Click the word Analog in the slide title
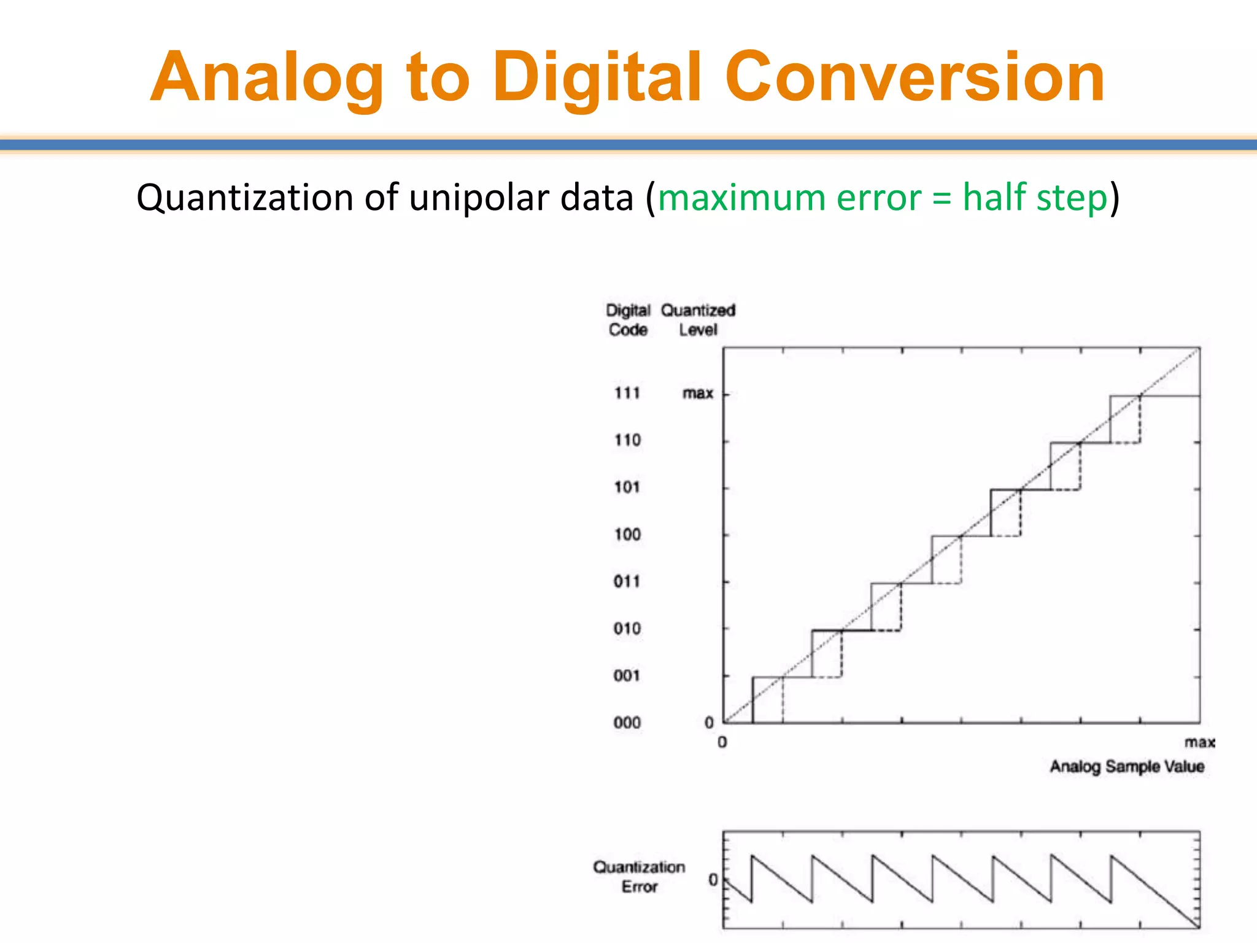point(267,78)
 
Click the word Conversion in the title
point(915,78)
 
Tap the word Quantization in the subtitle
point(245,198)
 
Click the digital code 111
point(627,393)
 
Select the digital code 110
point(627,440)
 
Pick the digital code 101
point(627,487)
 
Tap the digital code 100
point(627,534)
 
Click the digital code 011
point(627,581)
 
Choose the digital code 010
point(627,629)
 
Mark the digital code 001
point(627,676)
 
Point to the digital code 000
point(627,723)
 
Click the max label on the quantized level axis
point(698,393)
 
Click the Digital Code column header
point(628,320)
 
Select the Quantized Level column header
point(698,320)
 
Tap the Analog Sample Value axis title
point(1127,767)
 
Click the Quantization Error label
point(639,877)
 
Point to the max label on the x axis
point(1199,743)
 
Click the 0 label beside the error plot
point(713,880)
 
